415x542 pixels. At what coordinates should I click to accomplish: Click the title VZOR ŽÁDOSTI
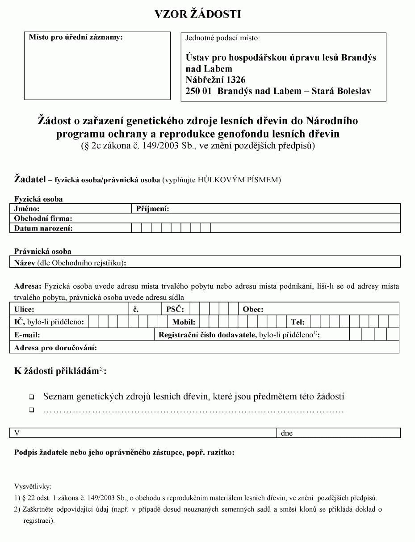point(198,14)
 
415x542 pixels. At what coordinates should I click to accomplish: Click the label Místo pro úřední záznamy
point(75,38)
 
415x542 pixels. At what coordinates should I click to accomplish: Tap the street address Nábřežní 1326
point(216,80)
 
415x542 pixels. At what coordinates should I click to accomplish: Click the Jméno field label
point(27,209)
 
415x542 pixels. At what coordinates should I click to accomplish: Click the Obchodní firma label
point(43,218)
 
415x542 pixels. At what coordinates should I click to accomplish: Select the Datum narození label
point(43,228)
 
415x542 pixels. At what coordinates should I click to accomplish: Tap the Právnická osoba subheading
point(43,251)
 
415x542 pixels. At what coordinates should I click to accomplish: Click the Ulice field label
point(24,309)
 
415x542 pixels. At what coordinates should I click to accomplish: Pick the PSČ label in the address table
point(175,309)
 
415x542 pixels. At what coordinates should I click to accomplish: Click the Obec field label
point(253,309)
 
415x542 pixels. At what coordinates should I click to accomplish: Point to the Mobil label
point(184,322)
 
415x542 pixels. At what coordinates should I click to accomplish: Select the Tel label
point(298,322)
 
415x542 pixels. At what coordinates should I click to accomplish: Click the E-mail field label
point(27,335)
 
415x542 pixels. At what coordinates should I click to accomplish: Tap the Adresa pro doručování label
point(55,348)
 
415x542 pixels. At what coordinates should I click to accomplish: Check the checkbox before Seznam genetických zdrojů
point(32,397)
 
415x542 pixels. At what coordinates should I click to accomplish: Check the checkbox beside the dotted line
point(32,410)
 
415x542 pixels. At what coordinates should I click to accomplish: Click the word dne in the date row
point(287,433)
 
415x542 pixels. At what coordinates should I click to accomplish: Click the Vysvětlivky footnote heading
point(33,487)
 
